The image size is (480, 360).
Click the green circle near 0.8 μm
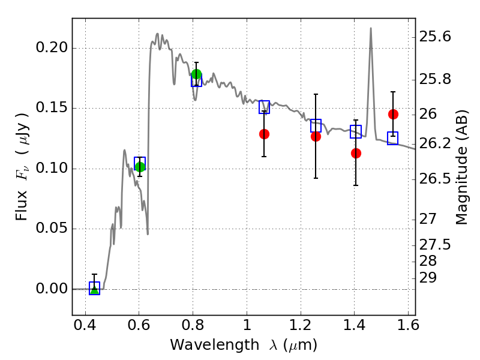point(196,74)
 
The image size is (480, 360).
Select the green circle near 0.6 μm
point(140,167)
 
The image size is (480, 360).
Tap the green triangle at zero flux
point(95,290)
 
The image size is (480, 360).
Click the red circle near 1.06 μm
point(264,134)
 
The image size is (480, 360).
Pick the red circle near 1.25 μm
point(316,137)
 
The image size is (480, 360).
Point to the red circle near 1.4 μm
point(356,153)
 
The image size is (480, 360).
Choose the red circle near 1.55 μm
point(393,115)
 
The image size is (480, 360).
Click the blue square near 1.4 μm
point(356,131)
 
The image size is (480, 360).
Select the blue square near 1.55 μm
point(393,139)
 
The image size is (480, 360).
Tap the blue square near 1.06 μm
point(264,107)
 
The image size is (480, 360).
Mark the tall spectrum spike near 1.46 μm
point(371,29)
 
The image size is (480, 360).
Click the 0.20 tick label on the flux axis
point(52,48)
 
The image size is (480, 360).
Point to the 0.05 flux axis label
point(52,229)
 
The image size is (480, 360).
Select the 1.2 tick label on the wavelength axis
point(301,325)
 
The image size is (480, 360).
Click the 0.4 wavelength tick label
point(85,325)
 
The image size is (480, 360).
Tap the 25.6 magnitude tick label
point(435,37)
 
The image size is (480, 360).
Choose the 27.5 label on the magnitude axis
point(435,245)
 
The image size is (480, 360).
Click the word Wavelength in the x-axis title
point(215,345)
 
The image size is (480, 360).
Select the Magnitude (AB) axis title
point(461,167)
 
